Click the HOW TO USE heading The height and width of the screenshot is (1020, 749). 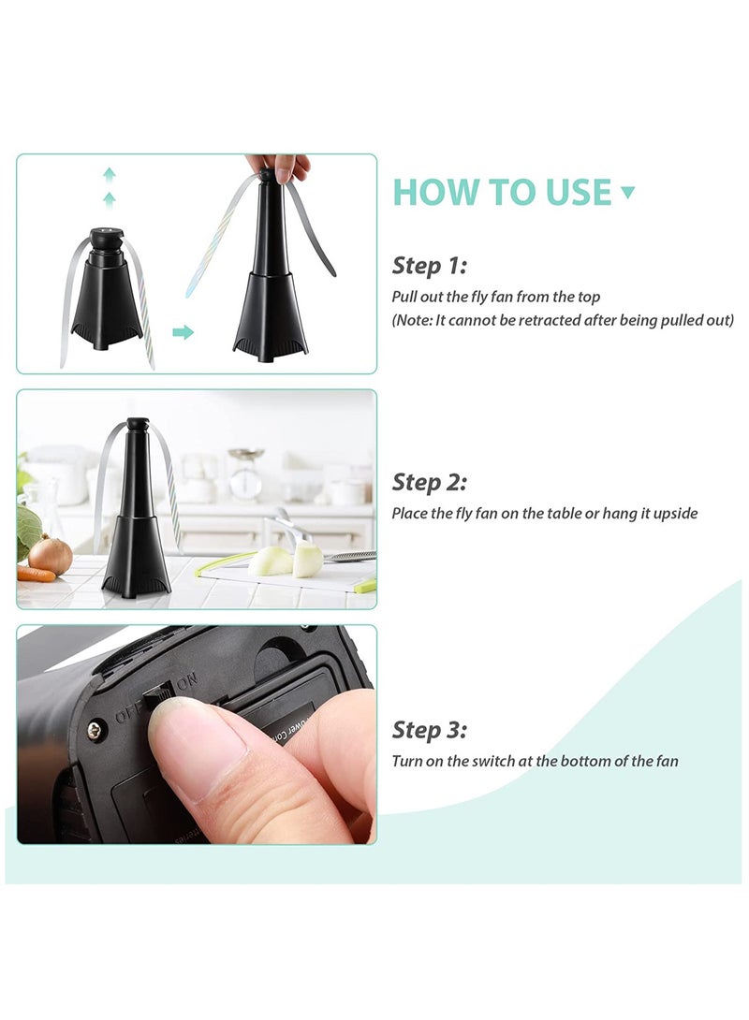point(502,191)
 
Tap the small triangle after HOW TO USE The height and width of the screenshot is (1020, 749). point(627,193)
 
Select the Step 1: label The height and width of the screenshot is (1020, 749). point(429,266)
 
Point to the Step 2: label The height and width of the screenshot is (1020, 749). point(430,483)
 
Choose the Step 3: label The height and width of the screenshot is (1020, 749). point(430,730)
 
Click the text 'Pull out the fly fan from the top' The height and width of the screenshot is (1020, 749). point(496,297)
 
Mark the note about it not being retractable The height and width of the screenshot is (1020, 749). point(563,320)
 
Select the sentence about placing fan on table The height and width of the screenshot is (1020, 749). point(545,514)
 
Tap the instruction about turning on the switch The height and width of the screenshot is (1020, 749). point(535,761)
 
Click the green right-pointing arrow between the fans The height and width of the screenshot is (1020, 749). point(184,332)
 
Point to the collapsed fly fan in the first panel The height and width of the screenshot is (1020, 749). point(107,290)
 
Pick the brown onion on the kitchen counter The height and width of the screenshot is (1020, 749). point(51,556)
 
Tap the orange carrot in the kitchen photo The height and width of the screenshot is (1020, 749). point(36,573)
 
